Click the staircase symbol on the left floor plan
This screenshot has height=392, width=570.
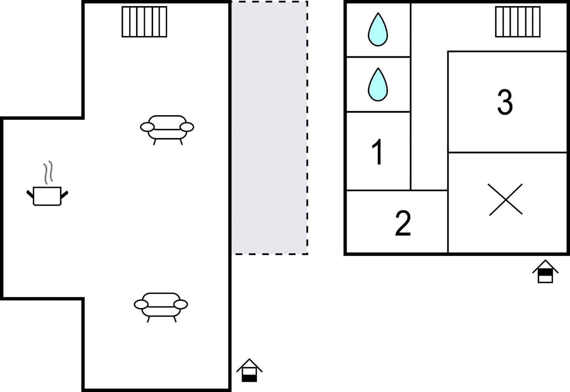click(x=144, y=22)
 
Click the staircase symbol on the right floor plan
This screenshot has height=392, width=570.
click(x=518, y=22)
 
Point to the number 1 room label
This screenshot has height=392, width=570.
click(x=377, y=152)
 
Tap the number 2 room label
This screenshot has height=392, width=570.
click(x=403, y=223)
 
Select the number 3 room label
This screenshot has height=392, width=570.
click(x=505, y=102)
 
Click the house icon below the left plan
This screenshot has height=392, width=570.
click(x=249, y=370)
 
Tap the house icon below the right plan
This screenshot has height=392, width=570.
click(x=545, y=271)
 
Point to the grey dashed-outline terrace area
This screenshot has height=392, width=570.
click(x=270, y=128)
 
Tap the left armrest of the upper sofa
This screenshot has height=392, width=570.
click(x=147, y=127)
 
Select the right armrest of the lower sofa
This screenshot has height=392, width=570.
click(x=181, y=304)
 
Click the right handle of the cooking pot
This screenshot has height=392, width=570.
click(x=64, y=195)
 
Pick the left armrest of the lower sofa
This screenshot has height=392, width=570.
click(x=141, y=304)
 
